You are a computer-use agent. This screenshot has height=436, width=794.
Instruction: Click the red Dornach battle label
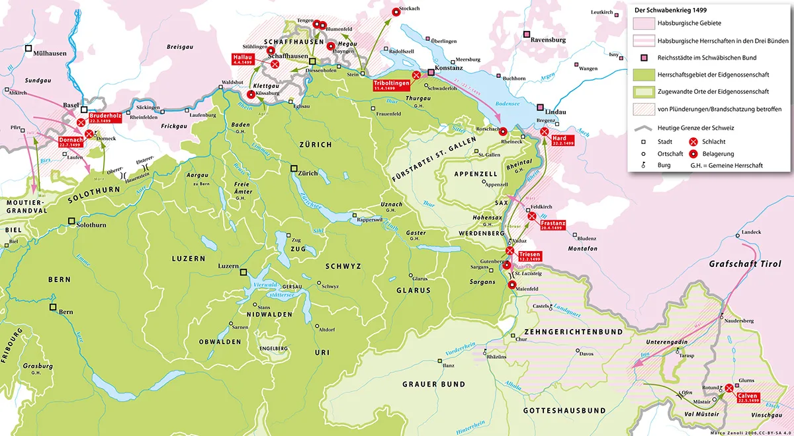point(71,143)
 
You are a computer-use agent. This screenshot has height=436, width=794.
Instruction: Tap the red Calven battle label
point(748,398)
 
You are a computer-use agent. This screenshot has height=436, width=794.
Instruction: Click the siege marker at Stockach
point(396,11)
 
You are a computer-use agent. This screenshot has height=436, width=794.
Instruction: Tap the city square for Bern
point(52,308)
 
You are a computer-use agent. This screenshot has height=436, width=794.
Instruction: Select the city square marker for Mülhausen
point(28,48)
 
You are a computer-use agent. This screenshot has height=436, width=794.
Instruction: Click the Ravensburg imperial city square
point(527,34)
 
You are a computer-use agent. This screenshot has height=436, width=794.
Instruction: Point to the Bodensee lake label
point(511,104)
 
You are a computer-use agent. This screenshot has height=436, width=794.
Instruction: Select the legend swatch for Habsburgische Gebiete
point(642,24)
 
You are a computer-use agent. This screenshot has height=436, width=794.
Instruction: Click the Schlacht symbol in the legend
point(693,141)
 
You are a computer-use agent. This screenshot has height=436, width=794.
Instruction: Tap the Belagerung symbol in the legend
point(693,153)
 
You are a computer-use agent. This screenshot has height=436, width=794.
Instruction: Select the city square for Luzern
point(243,272)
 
